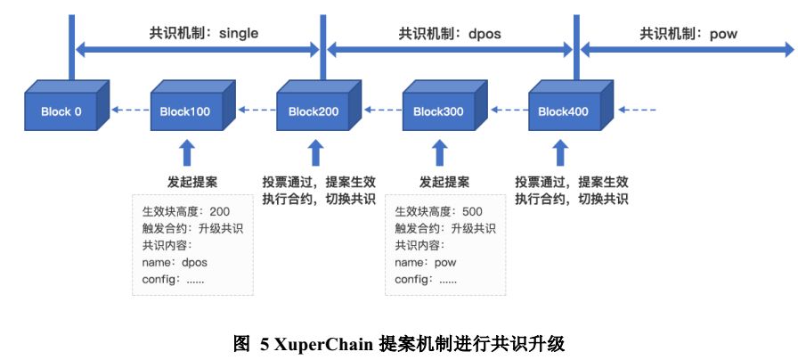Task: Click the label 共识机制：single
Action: point(204,34)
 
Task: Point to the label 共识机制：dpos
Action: point(450,34)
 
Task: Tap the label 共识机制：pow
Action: point(688,34)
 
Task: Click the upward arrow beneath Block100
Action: point(187,152)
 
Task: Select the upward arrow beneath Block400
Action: point(561,152)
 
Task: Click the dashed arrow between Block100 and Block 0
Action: point(130,109)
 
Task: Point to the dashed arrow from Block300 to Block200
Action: point(382,109)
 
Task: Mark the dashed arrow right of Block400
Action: point(637,109)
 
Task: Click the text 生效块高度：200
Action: point(186,211)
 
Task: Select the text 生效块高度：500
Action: point(439,211)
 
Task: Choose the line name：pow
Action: point(426,263)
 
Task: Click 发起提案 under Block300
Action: point(444,182)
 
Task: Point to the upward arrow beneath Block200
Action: point(316,152)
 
